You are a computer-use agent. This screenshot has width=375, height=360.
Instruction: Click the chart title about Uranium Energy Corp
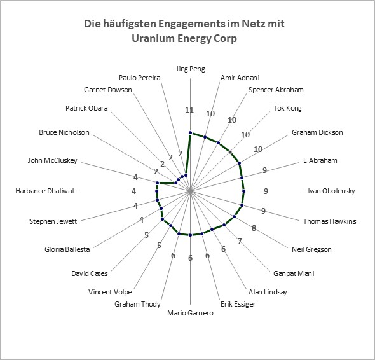[x=184, y=31]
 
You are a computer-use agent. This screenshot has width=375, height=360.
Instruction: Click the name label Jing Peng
[x=191, y=69]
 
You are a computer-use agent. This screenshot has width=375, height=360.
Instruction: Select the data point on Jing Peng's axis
[x=191, y=132]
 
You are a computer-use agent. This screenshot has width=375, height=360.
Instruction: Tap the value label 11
[x=189, y=110]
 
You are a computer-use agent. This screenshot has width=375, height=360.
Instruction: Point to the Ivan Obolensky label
[x=331, y=191]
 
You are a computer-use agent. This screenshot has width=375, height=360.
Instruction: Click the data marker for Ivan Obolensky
[x=243, y=191]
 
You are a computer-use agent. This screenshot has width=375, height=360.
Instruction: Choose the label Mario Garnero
[x=191, y=313]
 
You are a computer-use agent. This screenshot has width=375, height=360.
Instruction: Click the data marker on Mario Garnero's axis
[x=191, y=235]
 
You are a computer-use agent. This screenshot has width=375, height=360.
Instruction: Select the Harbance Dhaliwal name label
[x=44, y=191]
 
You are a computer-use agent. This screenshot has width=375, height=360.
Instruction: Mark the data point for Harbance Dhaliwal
[x=156, y=191]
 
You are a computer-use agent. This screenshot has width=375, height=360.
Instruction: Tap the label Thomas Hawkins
[x=330, y=221]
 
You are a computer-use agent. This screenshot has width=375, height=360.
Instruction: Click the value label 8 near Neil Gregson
[x=254, y=228]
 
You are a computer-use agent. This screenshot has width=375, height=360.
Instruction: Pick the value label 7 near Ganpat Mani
[x=240, y=240]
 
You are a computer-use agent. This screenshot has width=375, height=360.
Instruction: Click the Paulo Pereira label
[x=140, y=78]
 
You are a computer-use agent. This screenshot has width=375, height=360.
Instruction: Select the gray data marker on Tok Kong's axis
[x=230, y=152]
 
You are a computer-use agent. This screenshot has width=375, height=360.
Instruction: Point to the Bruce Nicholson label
[x=64, y=132]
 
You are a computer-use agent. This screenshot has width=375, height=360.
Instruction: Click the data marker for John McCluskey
[x=157, y=183]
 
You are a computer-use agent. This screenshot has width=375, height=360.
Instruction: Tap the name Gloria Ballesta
[x=67, y=249]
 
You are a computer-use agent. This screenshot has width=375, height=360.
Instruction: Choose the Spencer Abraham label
[x=276, y=90]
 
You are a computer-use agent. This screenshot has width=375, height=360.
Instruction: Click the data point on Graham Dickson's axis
[x=240, y=163]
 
